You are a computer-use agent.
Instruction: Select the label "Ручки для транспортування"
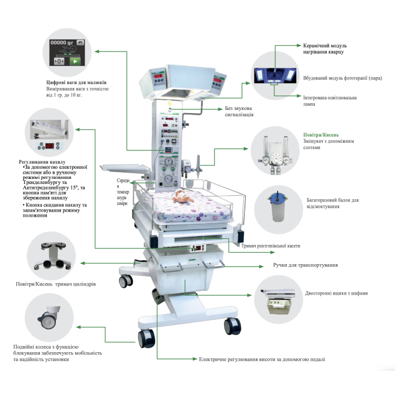pos(306,264)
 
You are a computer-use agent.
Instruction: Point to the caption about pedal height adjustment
pos(262,359)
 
